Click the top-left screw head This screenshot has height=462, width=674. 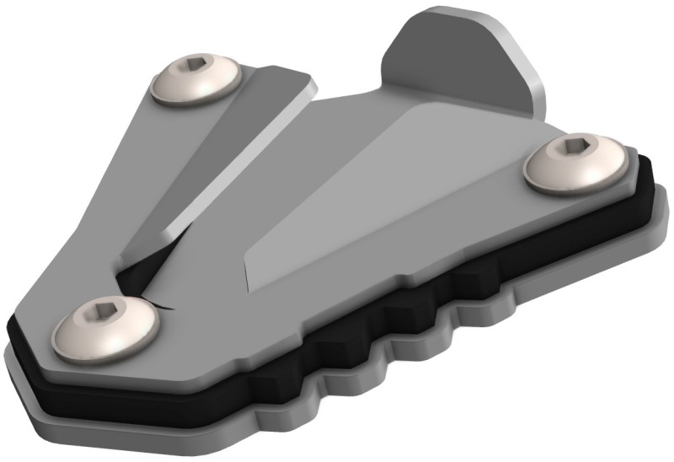pyautogui.click(x=195, y=81)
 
